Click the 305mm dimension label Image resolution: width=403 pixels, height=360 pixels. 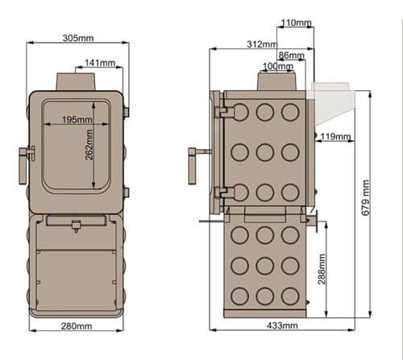(x=79, y=37)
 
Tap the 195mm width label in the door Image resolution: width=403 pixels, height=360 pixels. (x=77, y=120)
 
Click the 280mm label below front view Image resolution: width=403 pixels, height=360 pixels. (x=77, y=326)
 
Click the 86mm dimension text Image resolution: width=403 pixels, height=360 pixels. (x=290, y=56)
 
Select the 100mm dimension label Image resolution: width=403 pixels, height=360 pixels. (x=278, y=67)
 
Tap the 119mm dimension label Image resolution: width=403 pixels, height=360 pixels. (x=335, y=138)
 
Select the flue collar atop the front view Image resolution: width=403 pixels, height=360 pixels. (x=77, y=82)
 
